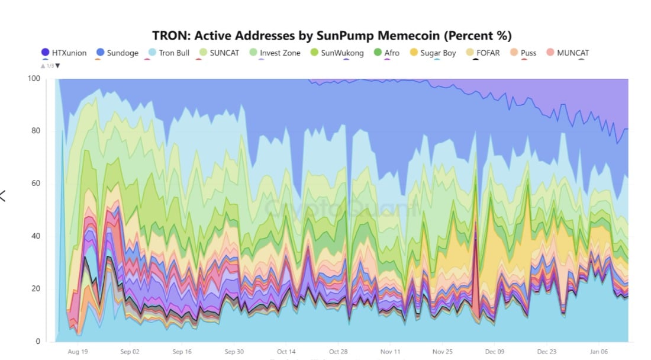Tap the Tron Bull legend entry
(x=168, y=53)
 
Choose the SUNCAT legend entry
(x=218, y=53)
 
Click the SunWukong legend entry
(x=337, y=53)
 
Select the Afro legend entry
(x=386, y=53)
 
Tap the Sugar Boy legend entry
(x=431, y=53)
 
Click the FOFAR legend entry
(x=482, y=53)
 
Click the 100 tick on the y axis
(x=34, y=79)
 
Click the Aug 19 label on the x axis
(x=78, y=351)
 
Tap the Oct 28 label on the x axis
(x=339, y=351)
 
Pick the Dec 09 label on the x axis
(x=495, y=351)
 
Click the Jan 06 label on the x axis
(x=599, y=351)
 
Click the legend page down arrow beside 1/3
(x=57, y=66)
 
